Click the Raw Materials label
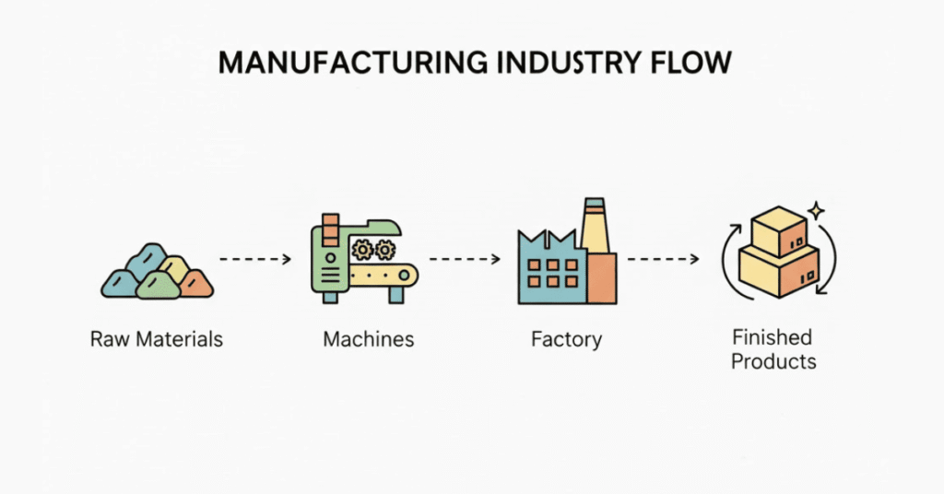(x=157, y=339)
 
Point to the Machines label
(x=369, y=339)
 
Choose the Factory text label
(x=566, y=339)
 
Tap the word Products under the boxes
(x=773, y=360)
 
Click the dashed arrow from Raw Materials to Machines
(x=256, y=260)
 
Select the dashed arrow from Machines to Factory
(x=466, y=260)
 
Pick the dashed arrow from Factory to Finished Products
(x=663, y=260)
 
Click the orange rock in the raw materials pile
(x=196, y=283)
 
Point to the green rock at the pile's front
(x=157, y=286)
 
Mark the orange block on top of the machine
(x=328, y=227)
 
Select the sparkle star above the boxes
(x=814, y=211)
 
